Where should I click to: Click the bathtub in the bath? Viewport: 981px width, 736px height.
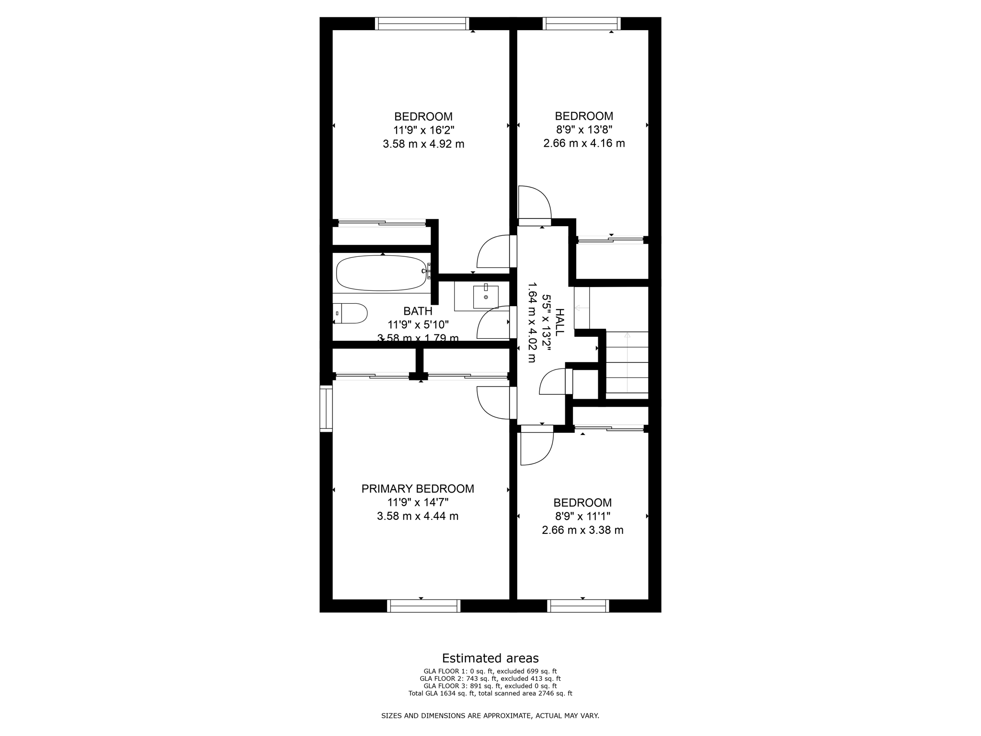pos(381,273)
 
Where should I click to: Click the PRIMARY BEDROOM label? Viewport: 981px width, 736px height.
pos(418,489)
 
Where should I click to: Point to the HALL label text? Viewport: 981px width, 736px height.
pos(559,322)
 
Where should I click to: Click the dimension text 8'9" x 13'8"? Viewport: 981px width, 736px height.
pos(584,129)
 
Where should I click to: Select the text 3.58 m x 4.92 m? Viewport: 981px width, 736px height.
pos(423,144)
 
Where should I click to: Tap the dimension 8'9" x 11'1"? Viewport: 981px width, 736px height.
pos(582,517)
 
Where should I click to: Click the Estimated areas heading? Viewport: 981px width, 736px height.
pos(490,658)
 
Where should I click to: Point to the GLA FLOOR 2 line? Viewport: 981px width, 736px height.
pos(490,678)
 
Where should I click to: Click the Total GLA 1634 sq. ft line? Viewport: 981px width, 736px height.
pos(490,693)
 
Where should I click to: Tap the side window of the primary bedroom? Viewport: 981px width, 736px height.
pos(326,409)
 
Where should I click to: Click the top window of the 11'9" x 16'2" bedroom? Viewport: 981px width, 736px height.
pos(422,23)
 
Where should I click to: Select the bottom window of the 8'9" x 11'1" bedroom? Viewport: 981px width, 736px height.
pos(578,606)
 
